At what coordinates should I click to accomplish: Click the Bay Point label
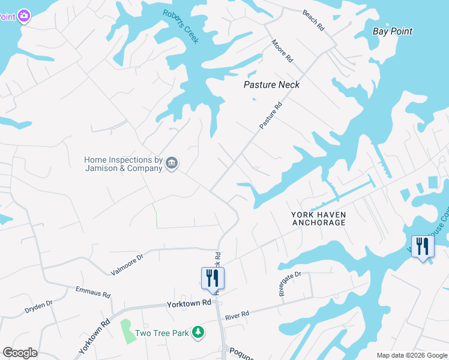(393, 31)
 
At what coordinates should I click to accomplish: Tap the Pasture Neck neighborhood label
(271, 85)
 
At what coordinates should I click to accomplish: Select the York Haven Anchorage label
(319, 218)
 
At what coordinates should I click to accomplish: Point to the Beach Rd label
(313, 20)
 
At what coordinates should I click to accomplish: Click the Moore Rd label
(282, 51)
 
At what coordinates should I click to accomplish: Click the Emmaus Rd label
(93, 292)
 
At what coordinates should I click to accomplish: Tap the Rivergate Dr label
(289, 283)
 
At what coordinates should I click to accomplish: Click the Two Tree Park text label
(161, 333)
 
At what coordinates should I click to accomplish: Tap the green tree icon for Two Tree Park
(197, 332)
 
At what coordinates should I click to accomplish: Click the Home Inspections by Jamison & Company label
(123, 164)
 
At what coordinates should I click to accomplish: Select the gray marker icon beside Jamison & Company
(172, 163)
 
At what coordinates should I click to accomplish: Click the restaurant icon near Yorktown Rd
(212, 278)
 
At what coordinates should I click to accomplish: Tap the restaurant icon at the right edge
(423, 246)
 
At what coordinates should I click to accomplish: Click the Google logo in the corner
(20, 353)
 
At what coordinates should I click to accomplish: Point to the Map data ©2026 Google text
(412, 355)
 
